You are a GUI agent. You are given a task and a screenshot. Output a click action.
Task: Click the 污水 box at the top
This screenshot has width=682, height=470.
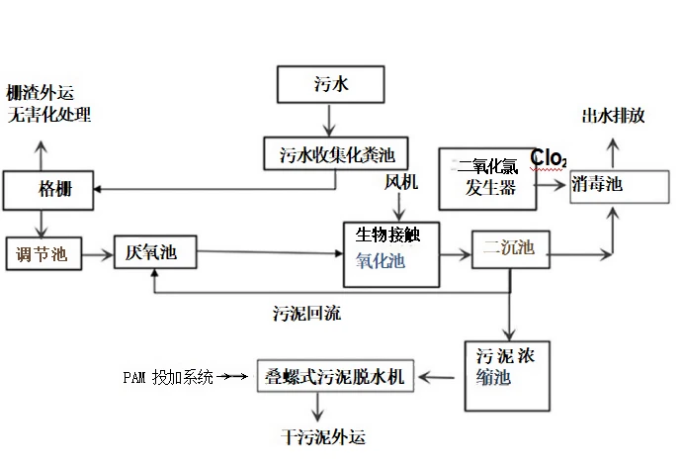(329, 84)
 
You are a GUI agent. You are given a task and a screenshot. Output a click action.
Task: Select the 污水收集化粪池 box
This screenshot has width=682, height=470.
(329, 153)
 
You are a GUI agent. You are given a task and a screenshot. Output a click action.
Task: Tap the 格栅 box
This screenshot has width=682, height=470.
(48, 189)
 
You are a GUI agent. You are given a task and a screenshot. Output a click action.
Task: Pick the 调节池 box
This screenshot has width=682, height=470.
(42, 254)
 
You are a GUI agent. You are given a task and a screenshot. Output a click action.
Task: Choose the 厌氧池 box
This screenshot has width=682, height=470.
(155, 254)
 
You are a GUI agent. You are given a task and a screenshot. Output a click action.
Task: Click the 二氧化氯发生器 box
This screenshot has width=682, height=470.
(488, 177)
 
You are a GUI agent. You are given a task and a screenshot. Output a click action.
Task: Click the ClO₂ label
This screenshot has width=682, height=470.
(549, 157)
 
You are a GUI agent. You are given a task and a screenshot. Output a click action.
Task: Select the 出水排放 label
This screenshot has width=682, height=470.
(613, 116)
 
